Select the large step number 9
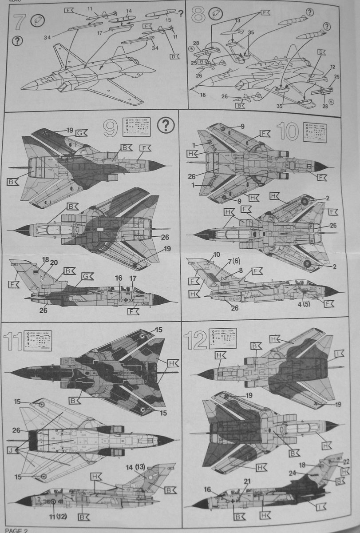click(111, 128)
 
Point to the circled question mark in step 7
click(17, 41)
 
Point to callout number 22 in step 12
click(347, 461)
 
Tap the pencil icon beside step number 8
click(215, 14)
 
